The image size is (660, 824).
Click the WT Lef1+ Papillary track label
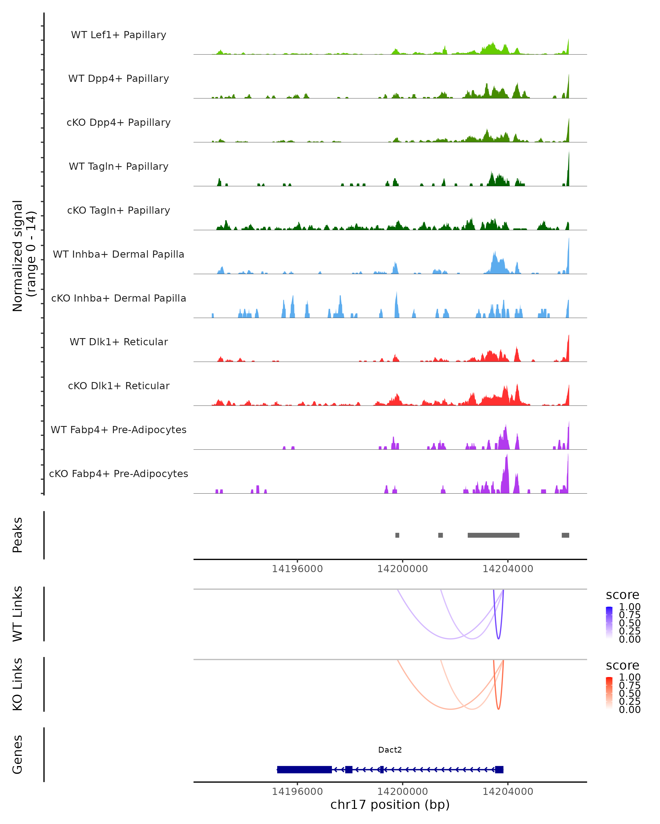click(119, 35)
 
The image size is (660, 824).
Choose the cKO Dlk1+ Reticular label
click(119, 386)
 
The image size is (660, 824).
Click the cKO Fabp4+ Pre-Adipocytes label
click(119, 474)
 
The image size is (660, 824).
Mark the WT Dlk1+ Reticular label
click(119, 342)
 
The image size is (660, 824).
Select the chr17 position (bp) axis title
click(390, 804)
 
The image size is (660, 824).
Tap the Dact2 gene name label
click(390, 750)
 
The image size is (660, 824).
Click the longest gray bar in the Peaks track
click(493, 535)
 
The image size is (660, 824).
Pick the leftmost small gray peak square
click(397, 535)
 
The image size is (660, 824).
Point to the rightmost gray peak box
click(565, 535)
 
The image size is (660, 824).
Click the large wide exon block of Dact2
click(304, 769)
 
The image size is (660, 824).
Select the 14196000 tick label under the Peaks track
click(297, 569)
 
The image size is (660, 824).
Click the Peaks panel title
click(18, 535)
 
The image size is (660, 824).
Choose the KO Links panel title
click(18, 684)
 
